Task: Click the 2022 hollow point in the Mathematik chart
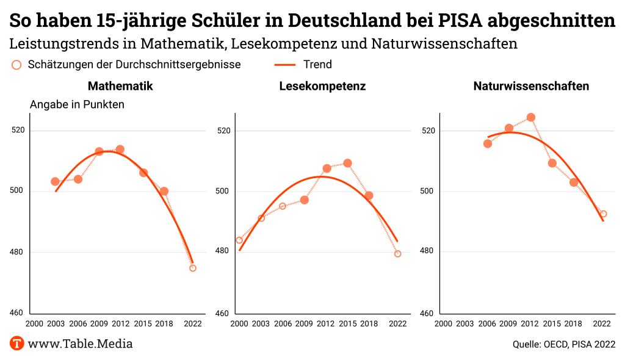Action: [x=193, y=268]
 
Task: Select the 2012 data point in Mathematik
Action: [x=120, y=149]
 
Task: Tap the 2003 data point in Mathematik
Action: [x=55, y=181]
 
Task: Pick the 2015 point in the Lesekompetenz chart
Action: [x=348, y=163]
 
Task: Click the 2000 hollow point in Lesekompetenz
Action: [x=239, y=240]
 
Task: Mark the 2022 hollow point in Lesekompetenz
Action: [x=398, y=254]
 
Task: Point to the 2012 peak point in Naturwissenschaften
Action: [x=531, y=117]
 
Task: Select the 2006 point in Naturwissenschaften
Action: [x=488, y=143]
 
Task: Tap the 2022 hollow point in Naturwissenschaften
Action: [x=604, y=214]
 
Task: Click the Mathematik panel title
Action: [x=120, y=86]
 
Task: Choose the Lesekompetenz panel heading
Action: [x=322, y=86]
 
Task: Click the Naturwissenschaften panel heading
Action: [x=531, y=86]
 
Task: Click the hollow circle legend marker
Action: [x=16, y=65]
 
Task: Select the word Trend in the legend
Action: [x=317, y=65]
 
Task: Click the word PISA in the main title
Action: [x=464, y=20]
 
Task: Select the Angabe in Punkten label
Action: [x=77, y=104]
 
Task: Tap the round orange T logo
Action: [x=17, y=344]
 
